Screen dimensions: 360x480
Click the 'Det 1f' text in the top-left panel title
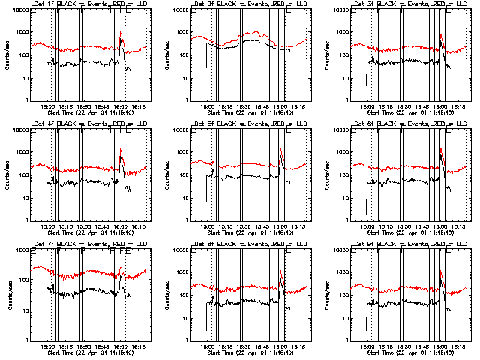(43, 4)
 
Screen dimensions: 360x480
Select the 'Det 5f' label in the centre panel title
(203, 124)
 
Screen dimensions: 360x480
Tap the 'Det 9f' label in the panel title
(363, 244)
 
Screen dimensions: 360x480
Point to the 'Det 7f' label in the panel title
(43, 244)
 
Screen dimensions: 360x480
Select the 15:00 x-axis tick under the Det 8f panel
(207, 346)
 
